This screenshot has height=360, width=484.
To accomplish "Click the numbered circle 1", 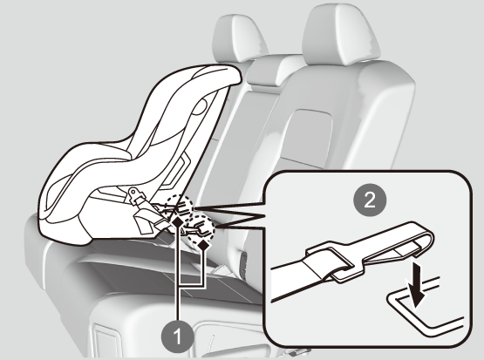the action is click(178, 336).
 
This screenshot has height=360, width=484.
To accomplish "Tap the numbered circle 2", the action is click(370, 200).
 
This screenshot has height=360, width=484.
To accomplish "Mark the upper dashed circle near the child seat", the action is click(179, 207).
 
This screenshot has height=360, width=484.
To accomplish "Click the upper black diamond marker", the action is click(177, 221).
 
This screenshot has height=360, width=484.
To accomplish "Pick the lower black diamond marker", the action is click(203, 246).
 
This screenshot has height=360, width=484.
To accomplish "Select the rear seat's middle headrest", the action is click(239, 38).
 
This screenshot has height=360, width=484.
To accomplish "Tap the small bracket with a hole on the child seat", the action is click(136, 195).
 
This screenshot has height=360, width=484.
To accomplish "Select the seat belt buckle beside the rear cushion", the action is click(244, 262).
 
